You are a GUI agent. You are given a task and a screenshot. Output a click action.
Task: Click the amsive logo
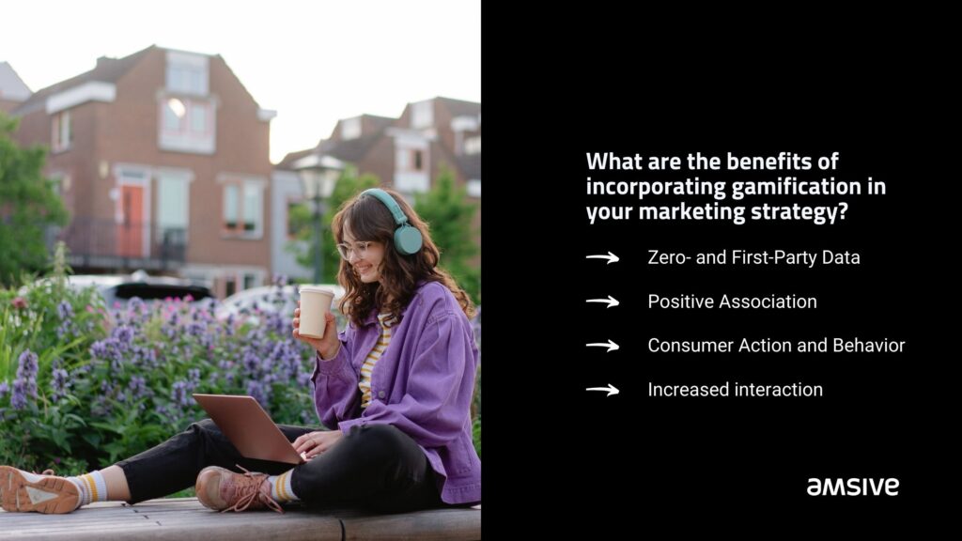coord(852,487)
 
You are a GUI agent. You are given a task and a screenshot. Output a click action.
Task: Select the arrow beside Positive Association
coord(602,301)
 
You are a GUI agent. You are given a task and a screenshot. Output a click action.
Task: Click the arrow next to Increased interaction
coord(602,390)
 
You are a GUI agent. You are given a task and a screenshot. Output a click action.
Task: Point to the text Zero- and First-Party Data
coord(753,257)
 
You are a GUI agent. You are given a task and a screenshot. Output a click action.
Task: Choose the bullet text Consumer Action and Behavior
coord(776,346)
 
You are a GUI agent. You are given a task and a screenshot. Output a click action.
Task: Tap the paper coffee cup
coord(316,312)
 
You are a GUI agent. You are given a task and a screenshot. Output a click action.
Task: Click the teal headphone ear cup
coord(408,239)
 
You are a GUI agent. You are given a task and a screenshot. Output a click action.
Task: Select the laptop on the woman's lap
coord(250,428)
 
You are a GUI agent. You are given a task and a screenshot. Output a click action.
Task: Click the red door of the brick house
coord(131,220)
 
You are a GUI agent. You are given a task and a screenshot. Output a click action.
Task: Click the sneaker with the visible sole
coord(39,489)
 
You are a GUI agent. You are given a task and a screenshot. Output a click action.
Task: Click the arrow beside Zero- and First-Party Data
coord(602,257)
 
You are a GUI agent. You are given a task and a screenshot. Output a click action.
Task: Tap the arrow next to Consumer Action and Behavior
coord(602,346)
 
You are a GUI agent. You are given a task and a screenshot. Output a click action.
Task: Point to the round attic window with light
coord(176,108)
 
